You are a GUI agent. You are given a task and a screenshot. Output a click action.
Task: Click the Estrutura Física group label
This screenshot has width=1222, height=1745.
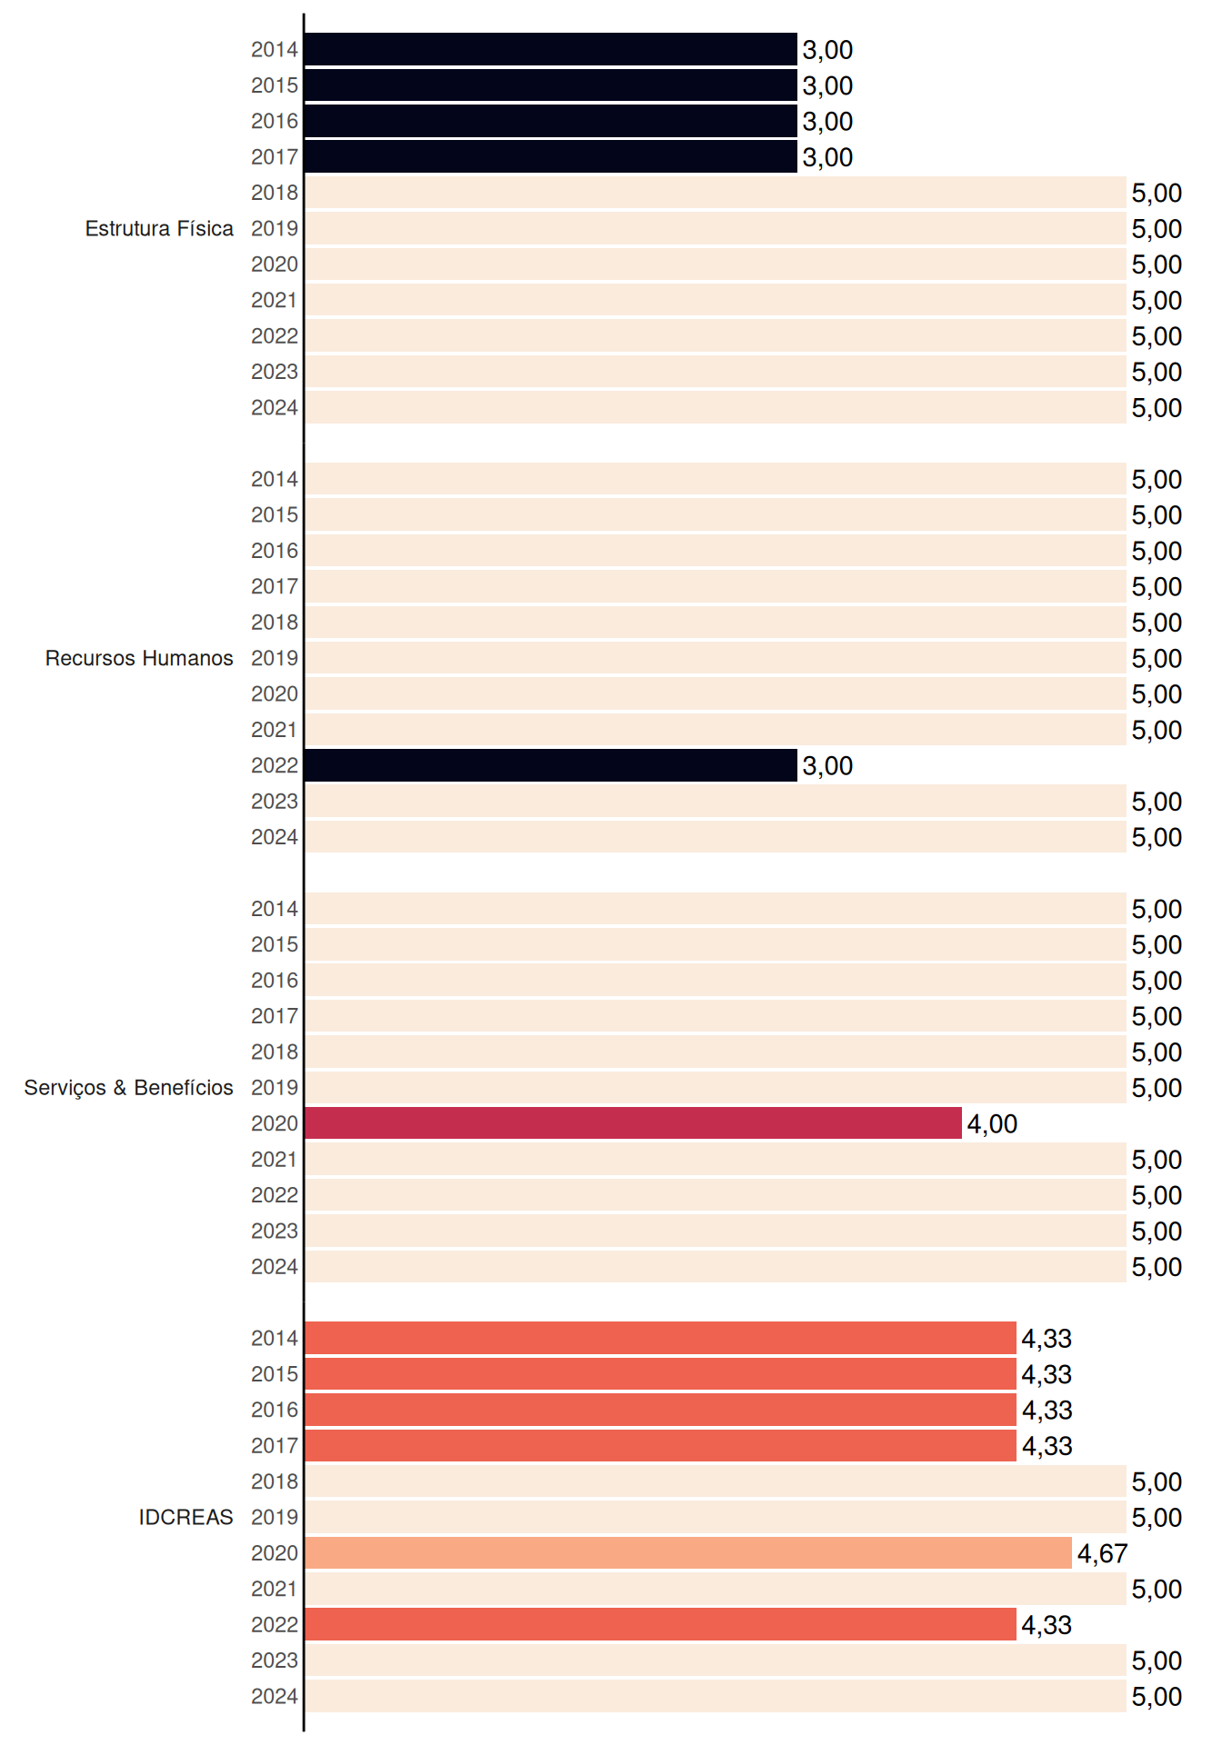[159, 228]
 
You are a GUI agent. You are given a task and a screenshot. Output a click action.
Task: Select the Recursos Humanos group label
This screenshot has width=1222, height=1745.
[139, 658]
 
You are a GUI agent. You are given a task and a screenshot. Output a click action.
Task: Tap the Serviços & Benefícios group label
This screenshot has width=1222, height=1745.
[128, 1088]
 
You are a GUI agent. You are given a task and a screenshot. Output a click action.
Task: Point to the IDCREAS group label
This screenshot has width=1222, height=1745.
[185, 1517]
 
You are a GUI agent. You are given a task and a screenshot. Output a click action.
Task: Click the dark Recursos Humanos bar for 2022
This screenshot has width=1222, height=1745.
[551, 765]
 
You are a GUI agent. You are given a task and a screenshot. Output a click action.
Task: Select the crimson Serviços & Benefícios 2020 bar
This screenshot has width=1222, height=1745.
[633, 1123]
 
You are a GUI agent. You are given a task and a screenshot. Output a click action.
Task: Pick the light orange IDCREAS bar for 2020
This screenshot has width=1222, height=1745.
[688, 1553]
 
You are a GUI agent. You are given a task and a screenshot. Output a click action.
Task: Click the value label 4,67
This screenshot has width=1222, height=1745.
[1102, 1554]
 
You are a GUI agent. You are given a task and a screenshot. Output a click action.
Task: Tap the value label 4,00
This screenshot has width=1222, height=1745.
[992, 1124]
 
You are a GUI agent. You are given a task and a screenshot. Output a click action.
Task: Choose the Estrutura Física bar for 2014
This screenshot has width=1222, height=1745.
[551, 49]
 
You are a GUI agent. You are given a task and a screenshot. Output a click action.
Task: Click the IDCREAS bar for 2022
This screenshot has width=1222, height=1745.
[661, 1625]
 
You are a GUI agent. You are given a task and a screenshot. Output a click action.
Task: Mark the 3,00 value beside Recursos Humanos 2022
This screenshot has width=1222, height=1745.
[827, 766]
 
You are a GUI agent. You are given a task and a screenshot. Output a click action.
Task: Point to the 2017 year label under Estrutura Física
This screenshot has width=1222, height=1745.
[275, 157]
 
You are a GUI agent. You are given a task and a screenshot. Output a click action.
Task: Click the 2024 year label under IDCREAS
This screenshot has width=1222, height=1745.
[275, 1697]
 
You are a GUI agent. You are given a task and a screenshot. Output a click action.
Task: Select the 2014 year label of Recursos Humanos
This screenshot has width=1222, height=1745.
[275, 479]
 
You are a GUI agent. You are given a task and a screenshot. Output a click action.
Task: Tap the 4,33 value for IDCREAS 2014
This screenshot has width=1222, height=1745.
[1047, 1339]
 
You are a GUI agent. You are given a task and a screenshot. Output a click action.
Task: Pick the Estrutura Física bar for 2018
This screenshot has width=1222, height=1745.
[716, 193]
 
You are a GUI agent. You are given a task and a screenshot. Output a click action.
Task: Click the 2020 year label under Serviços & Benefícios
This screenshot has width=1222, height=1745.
[275, 1123]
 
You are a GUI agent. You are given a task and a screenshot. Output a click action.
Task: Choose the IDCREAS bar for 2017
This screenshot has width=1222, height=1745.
[661, 1446]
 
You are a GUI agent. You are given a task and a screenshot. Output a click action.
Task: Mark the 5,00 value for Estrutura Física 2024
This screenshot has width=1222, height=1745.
[1157, 408]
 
